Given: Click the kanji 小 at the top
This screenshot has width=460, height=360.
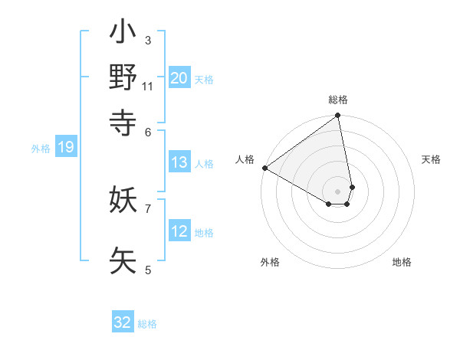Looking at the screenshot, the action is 123,34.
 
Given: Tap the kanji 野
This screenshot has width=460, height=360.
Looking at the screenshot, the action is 123,77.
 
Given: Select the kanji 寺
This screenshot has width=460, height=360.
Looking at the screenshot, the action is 123,121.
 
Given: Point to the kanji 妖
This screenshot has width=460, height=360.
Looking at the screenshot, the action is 123,201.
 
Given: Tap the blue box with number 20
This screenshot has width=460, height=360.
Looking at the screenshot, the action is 179,77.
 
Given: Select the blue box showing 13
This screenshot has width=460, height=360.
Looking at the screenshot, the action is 179,162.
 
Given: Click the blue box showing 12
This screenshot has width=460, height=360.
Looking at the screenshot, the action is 179,231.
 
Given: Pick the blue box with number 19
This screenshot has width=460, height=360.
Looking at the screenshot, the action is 66,148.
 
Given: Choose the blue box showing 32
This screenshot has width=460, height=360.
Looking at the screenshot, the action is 123,322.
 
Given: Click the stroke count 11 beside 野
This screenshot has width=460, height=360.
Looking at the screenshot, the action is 148,86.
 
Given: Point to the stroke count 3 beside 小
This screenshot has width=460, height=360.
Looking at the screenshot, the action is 148,41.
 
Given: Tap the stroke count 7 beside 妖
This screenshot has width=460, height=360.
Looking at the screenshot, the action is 148,208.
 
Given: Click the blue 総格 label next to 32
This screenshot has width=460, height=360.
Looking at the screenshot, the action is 147,324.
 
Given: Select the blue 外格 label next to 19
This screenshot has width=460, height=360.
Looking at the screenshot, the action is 41,149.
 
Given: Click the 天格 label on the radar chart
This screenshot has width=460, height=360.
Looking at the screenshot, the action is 431,159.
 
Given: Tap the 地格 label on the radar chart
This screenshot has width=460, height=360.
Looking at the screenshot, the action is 402,262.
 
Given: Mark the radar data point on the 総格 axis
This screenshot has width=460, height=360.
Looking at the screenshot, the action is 337,116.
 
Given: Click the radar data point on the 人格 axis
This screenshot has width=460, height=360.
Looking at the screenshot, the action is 264,168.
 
